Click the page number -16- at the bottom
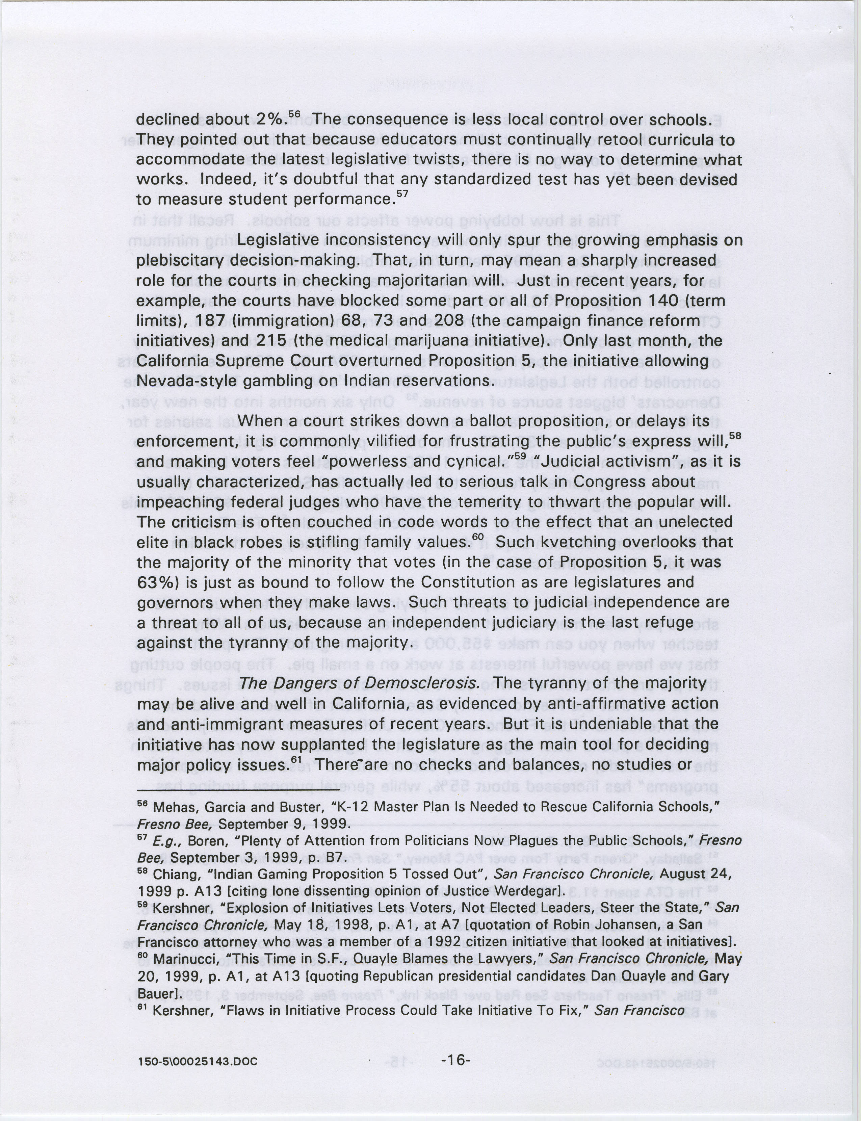[455, 1060]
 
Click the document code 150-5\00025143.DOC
[197, 1062]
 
